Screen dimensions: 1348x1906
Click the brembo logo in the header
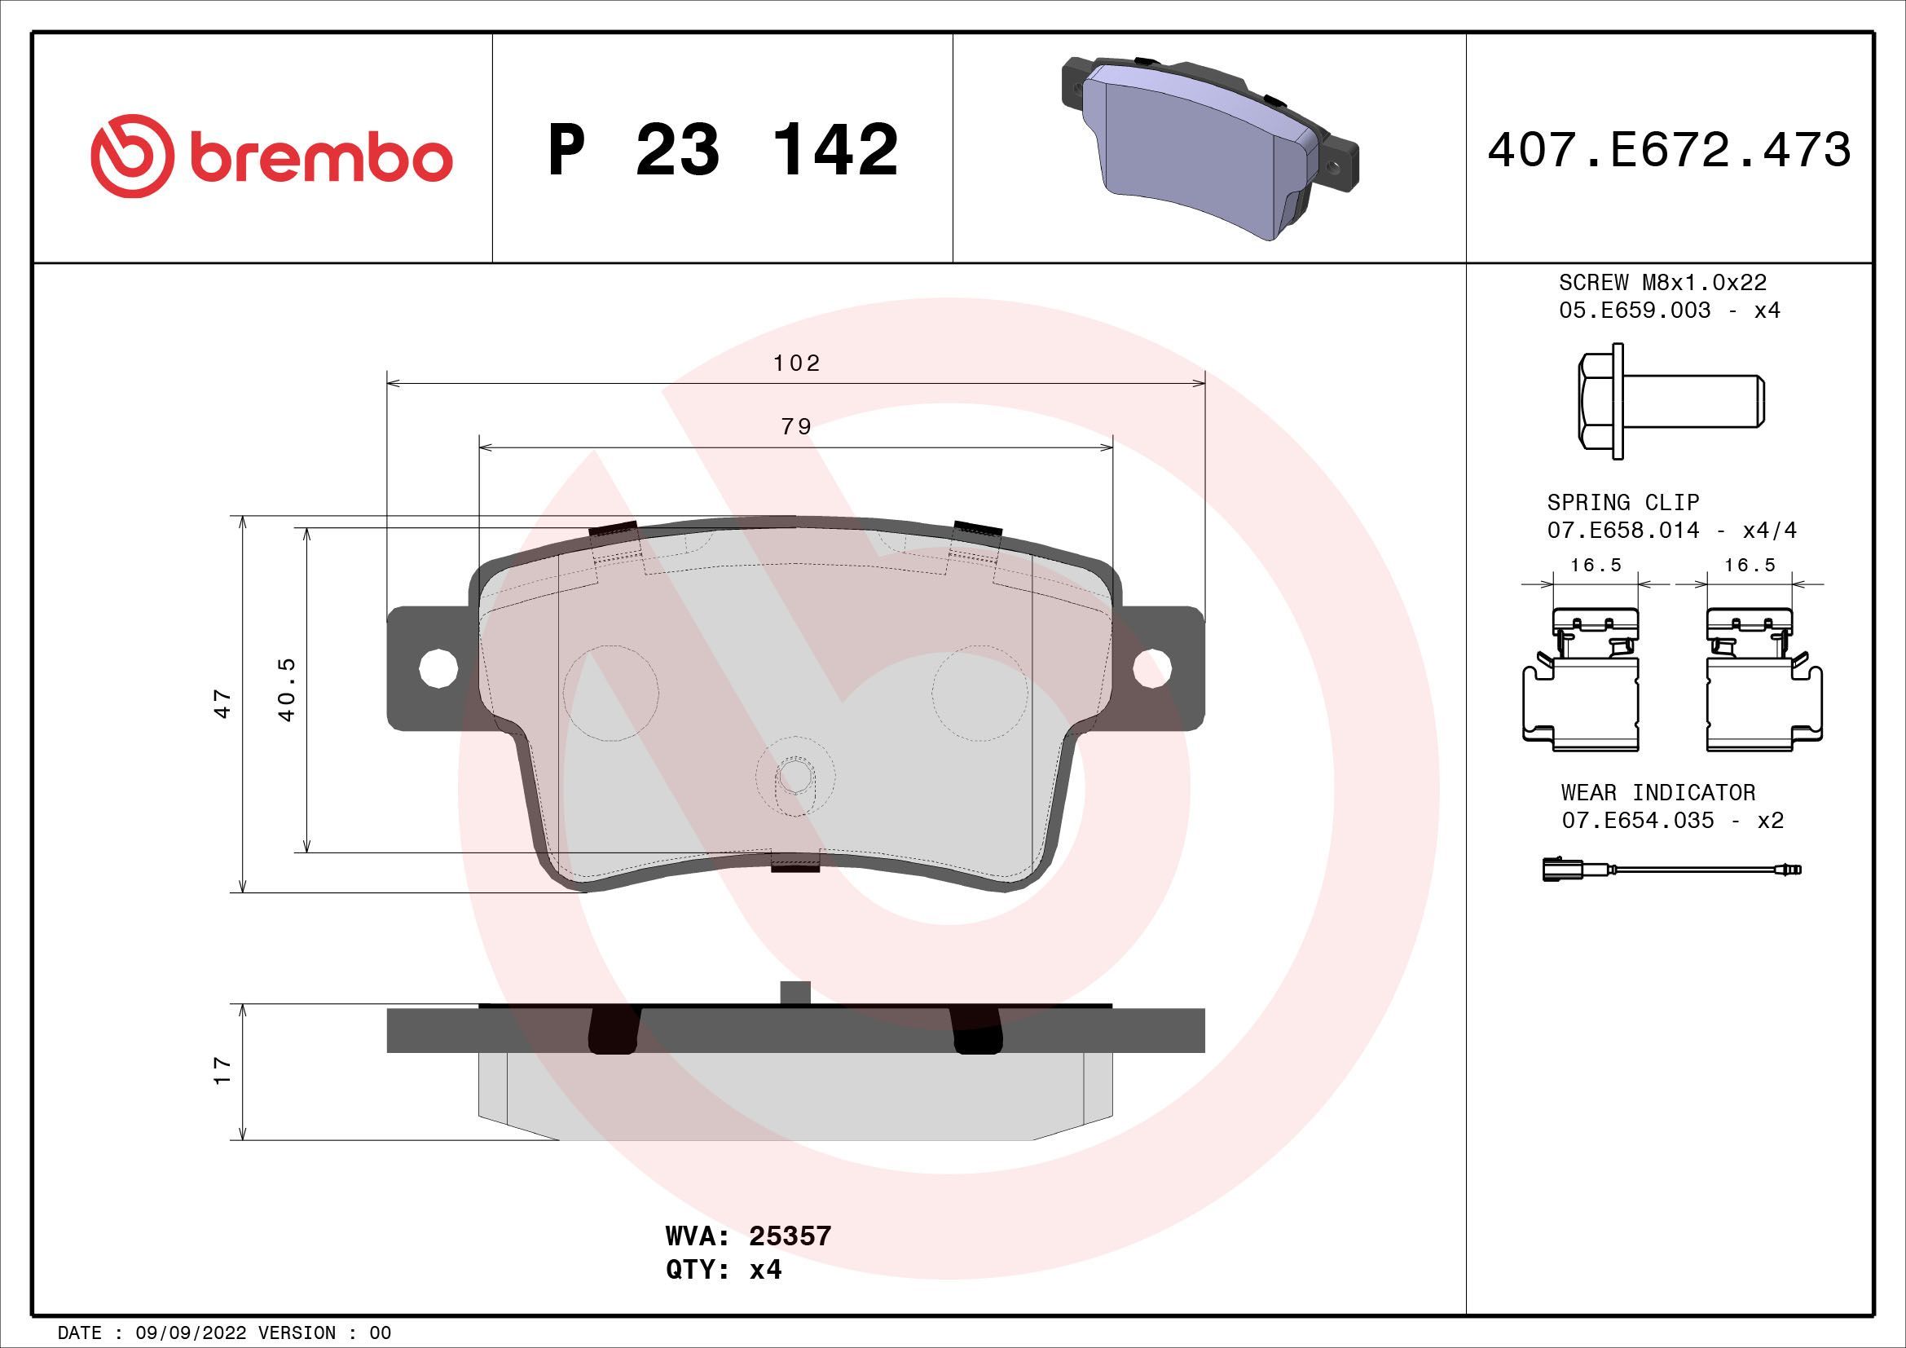[x=271, y=156]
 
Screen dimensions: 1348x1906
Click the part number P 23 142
[x=722, y=150]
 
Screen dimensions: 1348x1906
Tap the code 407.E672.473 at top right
[x=1669, y=150]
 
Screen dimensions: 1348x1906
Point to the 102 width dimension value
[x=796, y=363]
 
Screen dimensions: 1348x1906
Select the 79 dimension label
[x=796, y=426]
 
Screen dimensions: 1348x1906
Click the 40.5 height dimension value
[x=287, y=689]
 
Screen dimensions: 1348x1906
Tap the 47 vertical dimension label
[x=222, y=703]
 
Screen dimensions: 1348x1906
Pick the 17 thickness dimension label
[x=222, y=1070]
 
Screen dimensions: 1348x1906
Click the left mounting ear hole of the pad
[x=438, y=668]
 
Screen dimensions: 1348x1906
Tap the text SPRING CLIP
[x=1622, y=502]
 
